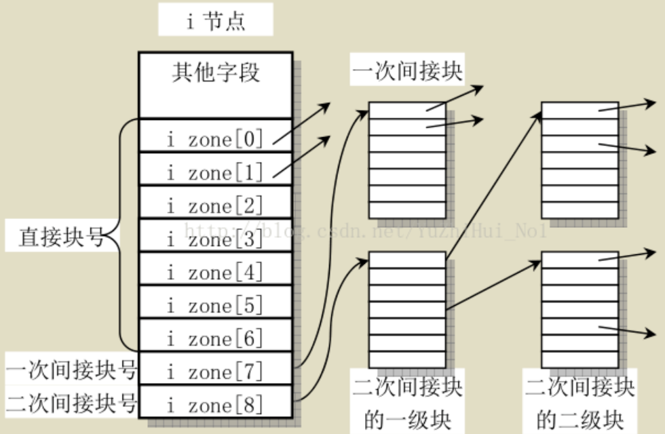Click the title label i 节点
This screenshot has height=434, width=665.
tap(216, 20)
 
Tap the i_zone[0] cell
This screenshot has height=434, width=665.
tap(215, 140)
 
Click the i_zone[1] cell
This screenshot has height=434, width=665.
tap(215, 173)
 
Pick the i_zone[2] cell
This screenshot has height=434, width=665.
tap(215, 205)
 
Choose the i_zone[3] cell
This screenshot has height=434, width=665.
tap(215, 239)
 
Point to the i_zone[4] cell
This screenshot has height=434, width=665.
tap(215, 272)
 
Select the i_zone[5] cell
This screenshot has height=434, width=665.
tap(215, 305)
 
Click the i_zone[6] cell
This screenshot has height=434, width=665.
tap(215, 338)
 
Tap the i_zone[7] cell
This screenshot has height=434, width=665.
tap(215, 371)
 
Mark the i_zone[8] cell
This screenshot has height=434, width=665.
tap(215, 404)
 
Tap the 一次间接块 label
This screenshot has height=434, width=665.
tap(407, 71)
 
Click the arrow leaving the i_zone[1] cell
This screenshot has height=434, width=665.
tap(301, 157)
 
